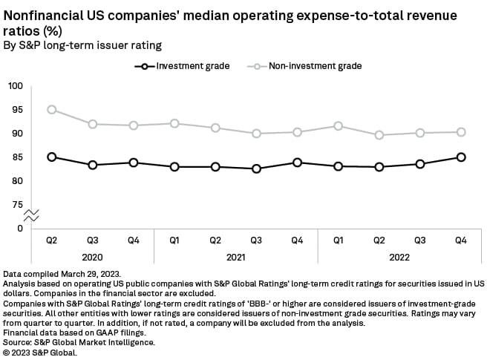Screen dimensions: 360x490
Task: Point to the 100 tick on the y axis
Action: (16, 86)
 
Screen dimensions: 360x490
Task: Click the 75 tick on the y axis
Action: (18, 204)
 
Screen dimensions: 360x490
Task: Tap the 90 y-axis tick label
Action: (18, 134)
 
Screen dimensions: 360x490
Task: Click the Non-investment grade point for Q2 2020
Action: (51, 109)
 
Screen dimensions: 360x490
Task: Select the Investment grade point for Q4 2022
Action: (461, 157)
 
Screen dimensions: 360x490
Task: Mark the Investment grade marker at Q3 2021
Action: (256, 168)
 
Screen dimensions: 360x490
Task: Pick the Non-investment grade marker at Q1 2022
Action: (338, 126)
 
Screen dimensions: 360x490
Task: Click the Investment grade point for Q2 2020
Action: (51, 157)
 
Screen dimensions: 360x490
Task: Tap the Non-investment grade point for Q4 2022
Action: (461, 132)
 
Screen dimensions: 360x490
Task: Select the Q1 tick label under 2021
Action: (174, 240)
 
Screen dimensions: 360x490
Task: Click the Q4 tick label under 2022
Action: (461, 240)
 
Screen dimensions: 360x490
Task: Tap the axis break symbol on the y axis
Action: (31, 216)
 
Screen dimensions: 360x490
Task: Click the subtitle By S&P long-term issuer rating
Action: (82, 46)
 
